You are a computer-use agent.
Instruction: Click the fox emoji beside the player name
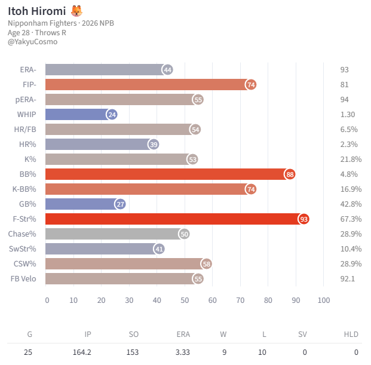(x=77, y=11)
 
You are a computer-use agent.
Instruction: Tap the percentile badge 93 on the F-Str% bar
(x=304, y=219)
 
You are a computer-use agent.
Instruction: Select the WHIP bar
(x=78, y=115)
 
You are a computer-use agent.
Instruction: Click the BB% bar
(x=167, y=174)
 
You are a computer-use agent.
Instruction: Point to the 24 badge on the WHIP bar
(x=112, y=115)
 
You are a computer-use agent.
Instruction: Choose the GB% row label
(x=27, y=204)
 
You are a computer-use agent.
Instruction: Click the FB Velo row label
(x=23, y=278)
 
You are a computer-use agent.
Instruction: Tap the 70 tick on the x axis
(x=240, y=300)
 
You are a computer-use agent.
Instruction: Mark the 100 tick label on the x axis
(x=324, y=300)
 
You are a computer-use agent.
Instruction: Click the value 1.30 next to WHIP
(x=348, y=115)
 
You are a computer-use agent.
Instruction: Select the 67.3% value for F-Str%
(x=351, y=219)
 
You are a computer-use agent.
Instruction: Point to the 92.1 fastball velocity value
(x=348, y=278)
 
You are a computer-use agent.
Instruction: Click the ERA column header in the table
(x=183, y=335)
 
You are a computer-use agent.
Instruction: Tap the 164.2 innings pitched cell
(x=82, y=352)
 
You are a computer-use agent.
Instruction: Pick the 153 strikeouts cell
(x=133, y=352)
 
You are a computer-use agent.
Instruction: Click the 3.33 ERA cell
(x=183, y=352)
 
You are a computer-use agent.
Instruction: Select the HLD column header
(x=351, y=335)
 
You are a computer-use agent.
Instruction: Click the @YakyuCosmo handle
(x=32, y=42)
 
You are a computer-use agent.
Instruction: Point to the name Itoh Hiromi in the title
(x=37, y=11)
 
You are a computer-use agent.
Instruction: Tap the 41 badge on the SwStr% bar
(x=159, y=249)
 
